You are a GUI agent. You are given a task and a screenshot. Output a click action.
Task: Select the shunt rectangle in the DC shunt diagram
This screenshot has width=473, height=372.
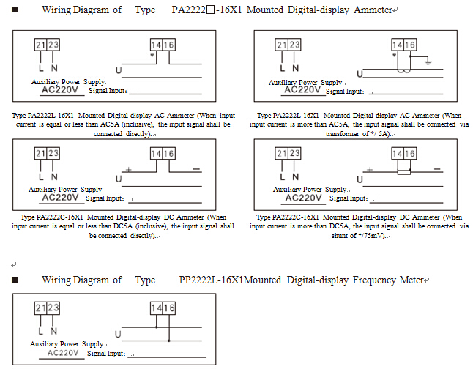[403, 171]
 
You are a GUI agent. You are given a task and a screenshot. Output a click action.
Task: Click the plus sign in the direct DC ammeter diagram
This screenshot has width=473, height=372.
[129, 169]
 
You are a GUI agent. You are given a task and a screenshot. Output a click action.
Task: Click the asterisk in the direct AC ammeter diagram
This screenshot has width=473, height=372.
[152, 56]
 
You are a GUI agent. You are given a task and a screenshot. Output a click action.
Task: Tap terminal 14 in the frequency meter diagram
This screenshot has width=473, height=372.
[156, 308]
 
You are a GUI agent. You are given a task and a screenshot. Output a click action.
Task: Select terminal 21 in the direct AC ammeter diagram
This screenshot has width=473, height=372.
[41, 45]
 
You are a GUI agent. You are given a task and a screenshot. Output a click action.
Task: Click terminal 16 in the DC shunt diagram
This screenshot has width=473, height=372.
[410, 154]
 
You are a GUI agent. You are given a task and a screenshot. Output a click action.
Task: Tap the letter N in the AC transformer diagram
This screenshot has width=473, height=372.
[295, 68]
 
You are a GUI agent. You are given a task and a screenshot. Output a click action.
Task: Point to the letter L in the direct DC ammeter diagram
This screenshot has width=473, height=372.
[41, 177]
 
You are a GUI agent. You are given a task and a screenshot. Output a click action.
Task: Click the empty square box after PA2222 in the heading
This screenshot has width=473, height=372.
[210, 10]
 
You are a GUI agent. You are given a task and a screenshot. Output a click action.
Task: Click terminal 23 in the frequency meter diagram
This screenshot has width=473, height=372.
[53, 308]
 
